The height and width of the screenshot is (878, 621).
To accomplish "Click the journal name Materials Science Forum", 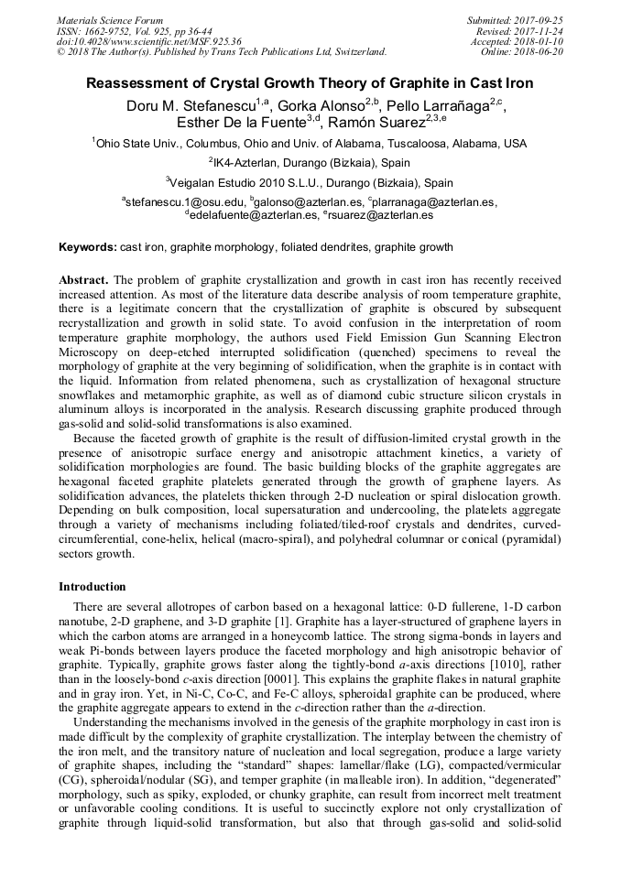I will pyautogui.click(x=110, y=20).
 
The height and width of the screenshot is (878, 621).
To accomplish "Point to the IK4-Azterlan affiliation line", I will pyautogui.click(x=310, y=162).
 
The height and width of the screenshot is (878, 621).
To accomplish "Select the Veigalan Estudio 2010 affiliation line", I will pyautogui.click(x=310, y=182).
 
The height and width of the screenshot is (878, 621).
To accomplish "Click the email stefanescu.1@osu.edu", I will pyautogui.click(x=184, y=202).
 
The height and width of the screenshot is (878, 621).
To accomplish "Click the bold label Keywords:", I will pyautogui.click(x=87, y=247).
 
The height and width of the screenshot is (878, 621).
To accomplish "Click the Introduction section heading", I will pyautogui.click(x=93, y=587).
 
